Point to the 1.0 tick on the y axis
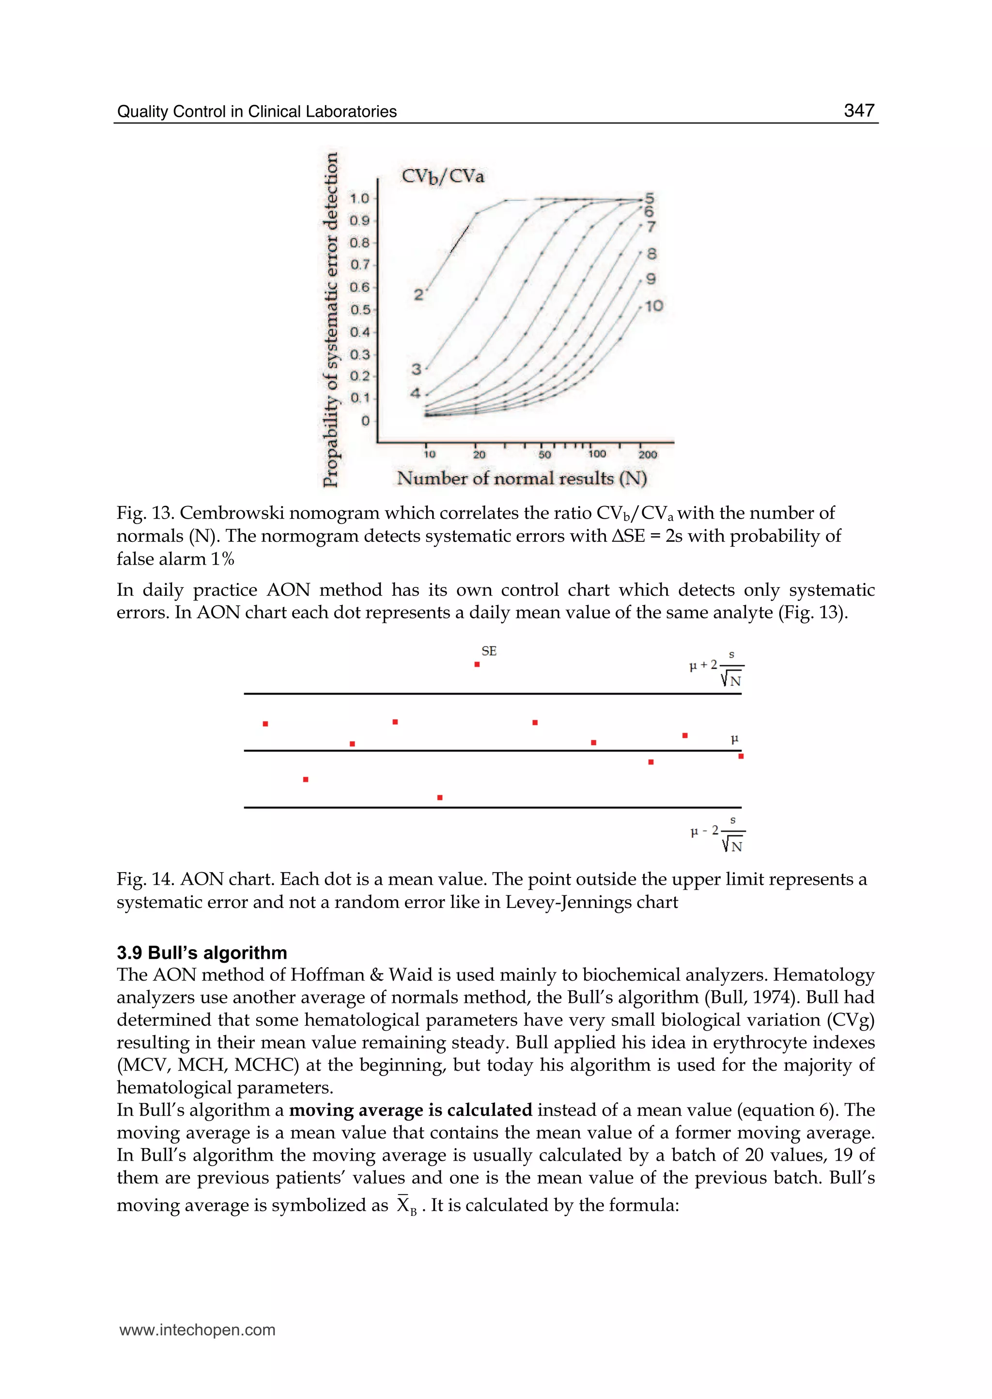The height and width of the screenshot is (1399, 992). coord(360,198)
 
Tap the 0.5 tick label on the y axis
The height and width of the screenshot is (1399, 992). coord(360,309)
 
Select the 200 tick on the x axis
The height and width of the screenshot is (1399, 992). coord(648,454)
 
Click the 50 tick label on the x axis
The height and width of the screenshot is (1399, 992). coord(544,454)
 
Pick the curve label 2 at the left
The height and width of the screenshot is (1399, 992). coord(418,295)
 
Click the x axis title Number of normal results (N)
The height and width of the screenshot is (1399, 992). coord(522,478)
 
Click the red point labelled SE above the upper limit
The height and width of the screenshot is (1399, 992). coord(477,664)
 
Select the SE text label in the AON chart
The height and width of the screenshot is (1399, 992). coord(489,651)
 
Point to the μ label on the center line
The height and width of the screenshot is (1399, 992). coord(735,739)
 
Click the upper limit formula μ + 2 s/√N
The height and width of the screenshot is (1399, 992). coord(716,668)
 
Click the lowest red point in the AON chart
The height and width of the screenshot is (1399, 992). coord(440,798)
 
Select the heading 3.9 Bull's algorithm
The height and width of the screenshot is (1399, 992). coord(201,953)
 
